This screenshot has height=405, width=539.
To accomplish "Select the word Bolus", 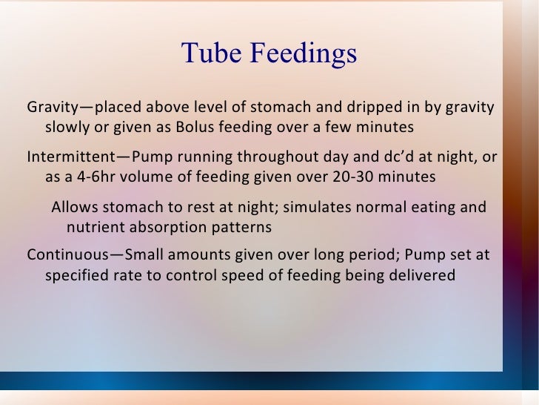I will pos(196,128).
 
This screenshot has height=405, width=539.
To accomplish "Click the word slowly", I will pos(67,128).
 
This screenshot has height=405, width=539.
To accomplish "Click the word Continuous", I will pos(63,256).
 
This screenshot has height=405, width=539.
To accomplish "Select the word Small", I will pos(146,256).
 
